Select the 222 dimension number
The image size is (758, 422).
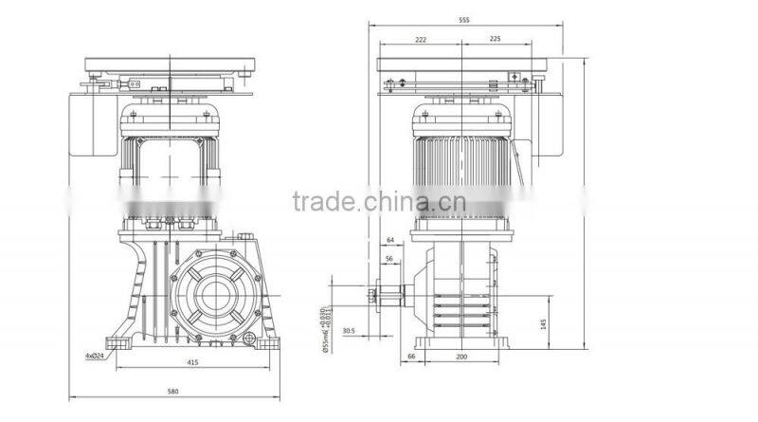click(421, 40)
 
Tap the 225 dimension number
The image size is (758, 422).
click(495, 40)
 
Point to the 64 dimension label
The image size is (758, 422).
click(389, 241)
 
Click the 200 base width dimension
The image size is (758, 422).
click(462, 356)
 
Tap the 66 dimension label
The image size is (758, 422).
click(411, 356)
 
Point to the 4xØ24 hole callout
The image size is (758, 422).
click(95, 356)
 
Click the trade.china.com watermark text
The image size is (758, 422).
click(378, 202)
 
